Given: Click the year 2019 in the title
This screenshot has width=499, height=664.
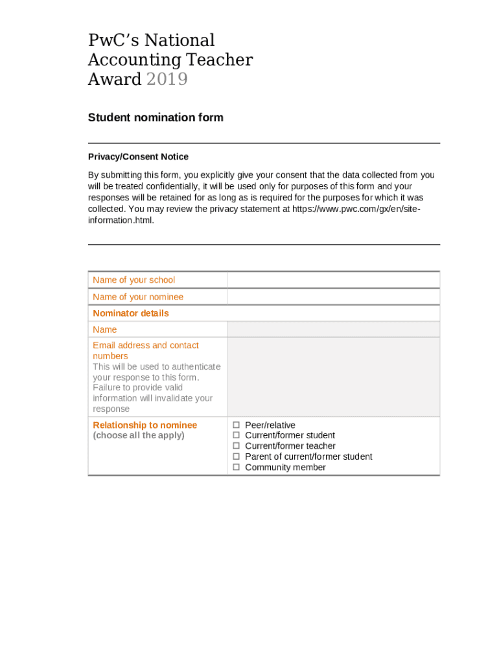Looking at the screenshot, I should (167, 79).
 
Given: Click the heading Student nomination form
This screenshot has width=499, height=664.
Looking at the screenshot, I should (156, 117).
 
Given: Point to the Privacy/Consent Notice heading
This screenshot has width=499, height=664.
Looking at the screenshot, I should (138, 157).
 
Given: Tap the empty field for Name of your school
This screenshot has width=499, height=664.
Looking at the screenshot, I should (333, 280).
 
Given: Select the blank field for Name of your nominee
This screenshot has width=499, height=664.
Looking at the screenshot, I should (333, 297).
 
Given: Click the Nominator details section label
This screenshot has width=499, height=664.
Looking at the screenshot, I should (131, 313).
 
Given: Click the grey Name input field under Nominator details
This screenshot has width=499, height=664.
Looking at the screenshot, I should (333, 329).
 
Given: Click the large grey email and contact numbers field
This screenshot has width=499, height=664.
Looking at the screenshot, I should (333, 377).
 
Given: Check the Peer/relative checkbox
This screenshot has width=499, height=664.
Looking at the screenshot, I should (237, 425).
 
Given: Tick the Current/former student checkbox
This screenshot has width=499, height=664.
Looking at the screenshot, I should (237, 436).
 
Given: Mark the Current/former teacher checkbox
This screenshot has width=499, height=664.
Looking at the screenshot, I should (237, 446).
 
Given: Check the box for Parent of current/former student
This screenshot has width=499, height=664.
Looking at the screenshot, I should (237, 456).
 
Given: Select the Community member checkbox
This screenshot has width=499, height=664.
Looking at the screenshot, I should (237, 468).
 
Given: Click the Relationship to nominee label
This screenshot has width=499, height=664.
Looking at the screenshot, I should (145, 425).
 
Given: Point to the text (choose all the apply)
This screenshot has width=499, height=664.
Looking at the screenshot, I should (139, 436).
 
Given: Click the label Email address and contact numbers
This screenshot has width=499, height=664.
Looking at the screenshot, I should (145, 351).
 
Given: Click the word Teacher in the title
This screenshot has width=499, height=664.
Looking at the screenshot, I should (219, 60).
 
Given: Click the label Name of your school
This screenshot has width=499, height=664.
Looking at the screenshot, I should (133, 280).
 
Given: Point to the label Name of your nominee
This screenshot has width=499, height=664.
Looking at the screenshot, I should (138, 297).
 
